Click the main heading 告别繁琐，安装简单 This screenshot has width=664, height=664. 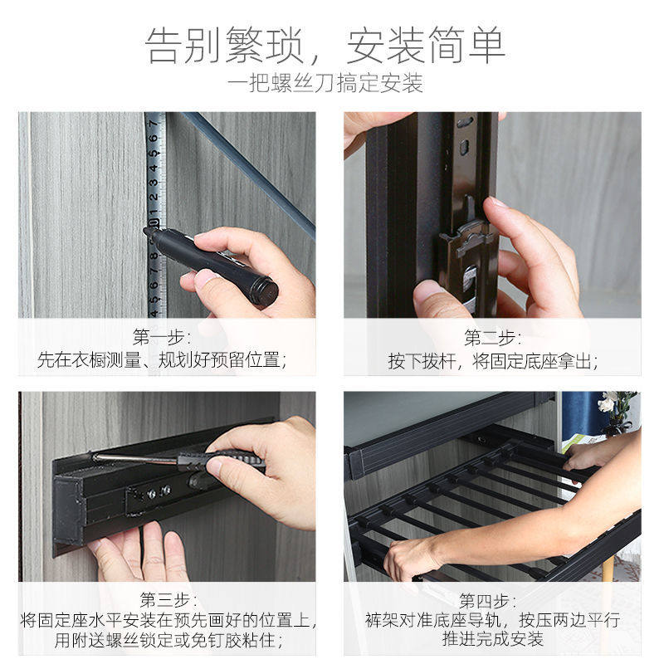[x=326, y=45]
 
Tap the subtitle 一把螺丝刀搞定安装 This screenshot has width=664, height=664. [x=325, y=83]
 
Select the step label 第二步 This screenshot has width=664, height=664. [x=492, y=338]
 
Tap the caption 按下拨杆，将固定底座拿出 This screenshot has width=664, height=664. [x=492, y=361]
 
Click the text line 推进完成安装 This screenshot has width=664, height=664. [x=492, y=639]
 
